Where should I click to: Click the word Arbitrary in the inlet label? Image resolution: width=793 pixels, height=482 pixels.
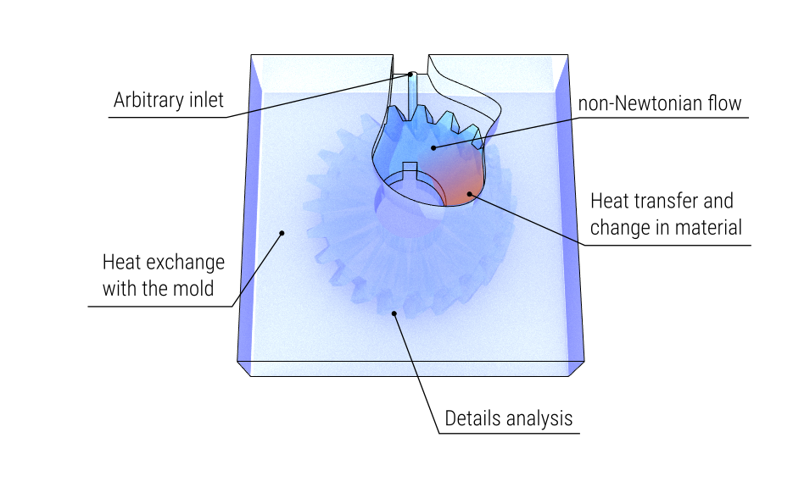[146, 101]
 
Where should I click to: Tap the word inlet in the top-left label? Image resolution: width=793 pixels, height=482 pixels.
[204, 101]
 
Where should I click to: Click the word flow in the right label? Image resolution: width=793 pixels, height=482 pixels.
[724, 104]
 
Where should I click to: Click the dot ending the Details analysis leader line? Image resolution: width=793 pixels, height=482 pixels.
[394, 313]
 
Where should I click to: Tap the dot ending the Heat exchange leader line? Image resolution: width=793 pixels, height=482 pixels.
[282, 232]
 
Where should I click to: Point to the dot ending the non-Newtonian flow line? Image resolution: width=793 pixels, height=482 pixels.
[433, 147]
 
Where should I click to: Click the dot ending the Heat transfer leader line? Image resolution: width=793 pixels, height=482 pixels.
[469, 194]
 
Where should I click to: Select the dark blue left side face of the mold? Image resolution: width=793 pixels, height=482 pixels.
[246, 212]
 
